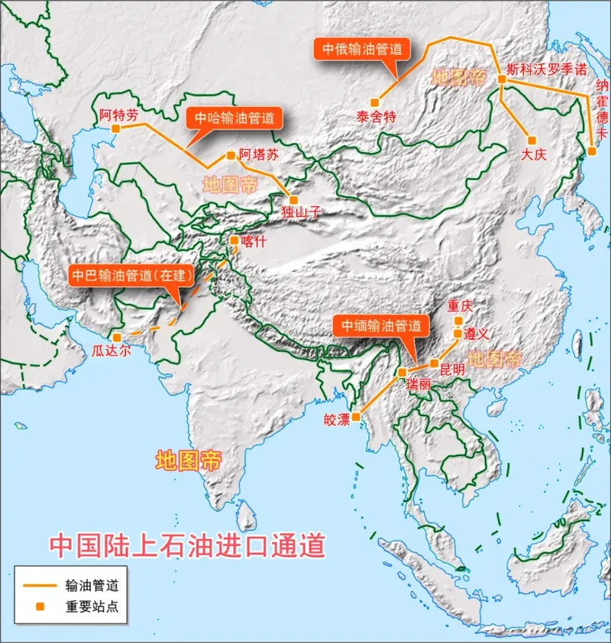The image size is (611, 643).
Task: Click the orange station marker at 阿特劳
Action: pyautogui.click(x=115, y=129)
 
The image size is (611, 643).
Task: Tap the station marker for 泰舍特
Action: pyautogui.click(x=374, y=102)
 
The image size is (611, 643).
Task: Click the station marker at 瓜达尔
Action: pyautogui.click(x=115, y=337)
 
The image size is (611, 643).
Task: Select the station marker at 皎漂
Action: pyautogui.click(x=356, y=416)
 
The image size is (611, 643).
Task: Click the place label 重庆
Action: pyautogui.click(x=461, y=306)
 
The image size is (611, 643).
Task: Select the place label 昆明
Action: pyautogui.click(x=452, y=368)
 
